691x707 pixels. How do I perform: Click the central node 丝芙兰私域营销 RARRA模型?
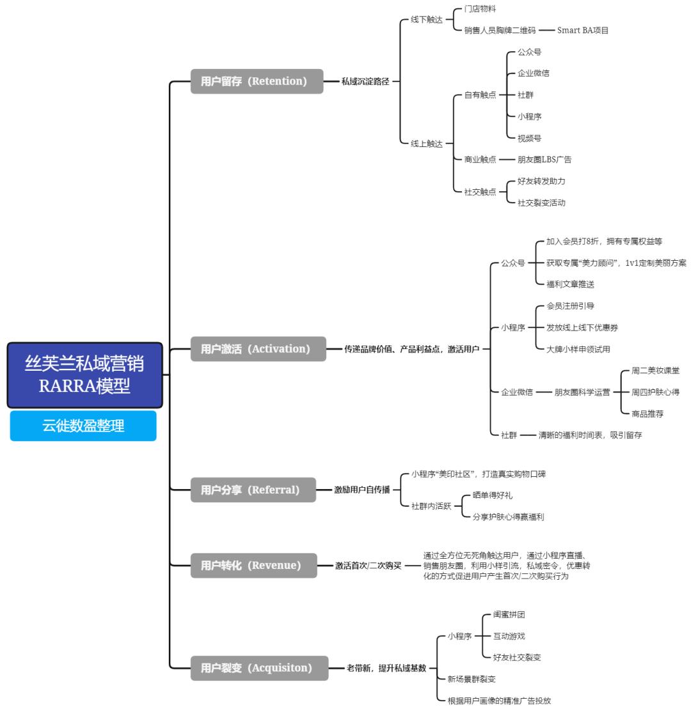pyautogui.click(x=85, y=375)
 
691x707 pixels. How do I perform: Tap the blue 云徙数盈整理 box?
pyautogui.click(x=83, y=426)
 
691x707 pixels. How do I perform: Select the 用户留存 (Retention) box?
pyautogui.click(x=257, y=81)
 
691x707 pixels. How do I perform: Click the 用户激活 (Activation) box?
pyautogui.click(x=258, y=349)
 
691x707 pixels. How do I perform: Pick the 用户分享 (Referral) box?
pyautogui.click(x=253, y=490)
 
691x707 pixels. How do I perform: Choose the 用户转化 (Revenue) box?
pyautogui.click(x=253, y=565)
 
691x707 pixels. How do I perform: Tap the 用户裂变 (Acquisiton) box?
pyautogui.click(x=259, y=668)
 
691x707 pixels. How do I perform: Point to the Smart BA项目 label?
pyautogui.click(x=582, y=30)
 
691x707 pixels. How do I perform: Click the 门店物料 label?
pyautogui.click(x=480, y=9)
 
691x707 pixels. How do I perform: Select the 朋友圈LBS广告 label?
pyautogui.click(x=544, y=160)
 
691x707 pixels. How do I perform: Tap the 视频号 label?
pyautogui.click(x=529, y=138)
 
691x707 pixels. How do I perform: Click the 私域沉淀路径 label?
pyautogui.click(x=365, y=81)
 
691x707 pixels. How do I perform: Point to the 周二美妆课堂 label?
pyautogui.click(x=655, y=371)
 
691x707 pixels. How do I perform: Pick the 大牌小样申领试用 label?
pyautogui.click(x=578, y=349)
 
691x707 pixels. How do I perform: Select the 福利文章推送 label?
pyautogui.click(x=570, y=284)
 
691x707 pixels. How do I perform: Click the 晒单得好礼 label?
pyautogui.click(x=492, y=495)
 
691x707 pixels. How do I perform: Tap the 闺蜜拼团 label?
pyautogui.click(x=509, y=615)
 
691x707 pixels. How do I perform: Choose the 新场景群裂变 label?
pyautogui.click(x=472, y=679)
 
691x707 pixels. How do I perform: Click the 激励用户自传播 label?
pyautogui.click(x=361, y=490)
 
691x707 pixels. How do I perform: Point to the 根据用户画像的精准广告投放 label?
pyautogui.click(x=499, y=701)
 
